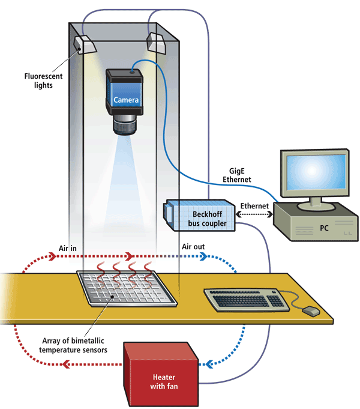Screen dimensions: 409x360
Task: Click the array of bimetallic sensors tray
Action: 127,288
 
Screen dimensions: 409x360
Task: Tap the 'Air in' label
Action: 68,247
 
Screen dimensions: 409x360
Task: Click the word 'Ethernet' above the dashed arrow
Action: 255,205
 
